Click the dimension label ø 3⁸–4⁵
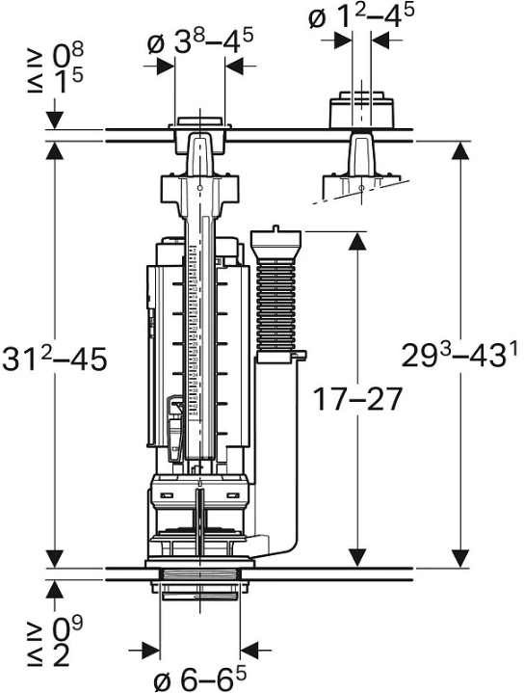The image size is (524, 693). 200,42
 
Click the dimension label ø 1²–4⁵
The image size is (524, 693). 361,16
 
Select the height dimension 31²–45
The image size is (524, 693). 54,359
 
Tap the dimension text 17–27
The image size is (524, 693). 357,398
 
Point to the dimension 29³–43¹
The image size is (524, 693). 459,354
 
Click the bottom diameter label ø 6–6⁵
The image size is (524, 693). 200,679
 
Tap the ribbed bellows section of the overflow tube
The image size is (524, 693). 275,306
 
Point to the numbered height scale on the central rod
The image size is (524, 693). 193,333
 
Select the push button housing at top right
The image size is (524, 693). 362,110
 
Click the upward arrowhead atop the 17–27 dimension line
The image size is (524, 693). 357,241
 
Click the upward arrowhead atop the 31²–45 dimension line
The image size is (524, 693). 54,151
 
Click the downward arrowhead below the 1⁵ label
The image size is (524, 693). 54,120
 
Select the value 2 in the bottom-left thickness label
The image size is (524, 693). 61,654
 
